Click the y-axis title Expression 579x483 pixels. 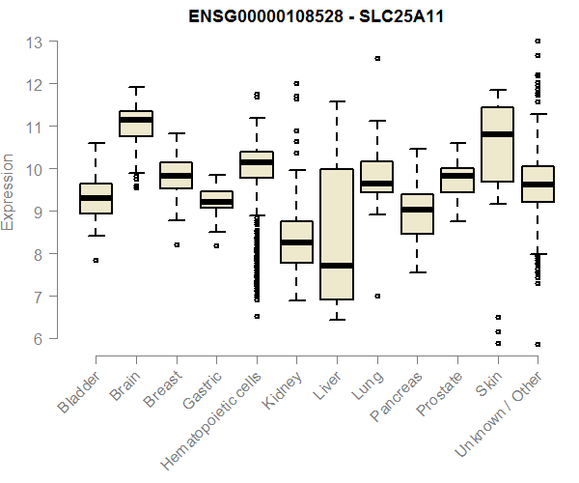pyautogui.click(x=9, y=190)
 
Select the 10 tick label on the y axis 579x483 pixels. pyautogui.click(x=34, y=169)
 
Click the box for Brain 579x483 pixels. pyautogui.click(x=136, y=124)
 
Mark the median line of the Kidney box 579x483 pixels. pyautogui.click(x=296, y=242)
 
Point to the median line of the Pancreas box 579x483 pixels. pyautogui.click(x=417, y=210)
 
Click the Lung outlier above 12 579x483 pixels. pyautogui.click(x=377, y=58)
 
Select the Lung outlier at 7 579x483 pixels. pyautogui.click(x=377, y=296)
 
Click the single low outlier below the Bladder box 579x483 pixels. pyautogui.click(x=96, y=260)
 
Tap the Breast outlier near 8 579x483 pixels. pyautogui.click(x=177, y=244)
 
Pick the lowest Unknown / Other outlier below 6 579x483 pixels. pyautogui.click(x=538, y=344)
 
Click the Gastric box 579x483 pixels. pyautogui.click(x=216, y=200)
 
